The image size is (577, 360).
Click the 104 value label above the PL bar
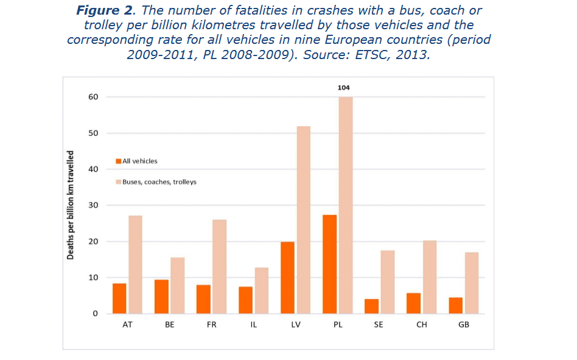(x=344, y=88)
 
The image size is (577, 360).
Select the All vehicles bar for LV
(x=287, y=278)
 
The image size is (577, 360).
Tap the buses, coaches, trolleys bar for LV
(x=303, y=220)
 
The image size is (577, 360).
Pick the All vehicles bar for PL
(x=329, y=264)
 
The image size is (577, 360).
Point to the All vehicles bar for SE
(x=371, y=306)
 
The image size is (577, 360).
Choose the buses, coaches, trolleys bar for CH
(x=429, y=277)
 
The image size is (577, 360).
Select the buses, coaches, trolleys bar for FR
(x=219, y=267)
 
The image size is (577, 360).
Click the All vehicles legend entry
(x=139, y=161)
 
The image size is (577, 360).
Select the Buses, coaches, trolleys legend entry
(x=159, y=182)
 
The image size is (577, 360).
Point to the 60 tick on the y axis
(x=94, y=97)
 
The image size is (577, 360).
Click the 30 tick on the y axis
(x=94, y=205)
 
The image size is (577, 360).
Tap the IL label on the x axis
(x=254, y=325)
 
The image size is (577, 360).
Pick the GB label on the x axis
(x=464, y=325)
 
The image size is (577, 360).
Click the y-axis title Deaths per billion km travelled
(x=71, y=205)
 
